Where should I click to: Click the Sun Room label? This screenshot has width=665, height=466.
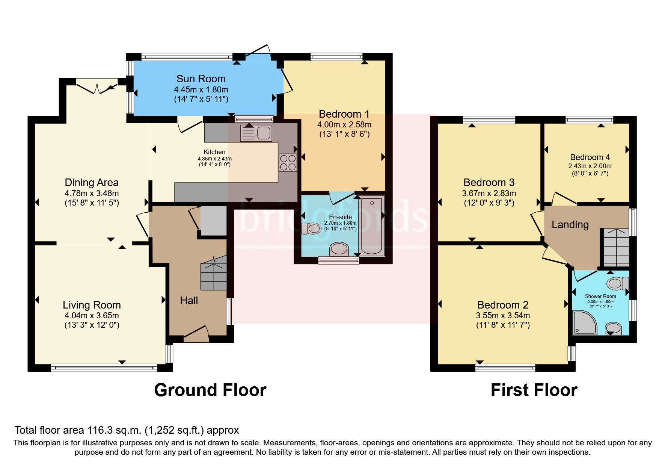point(201,79)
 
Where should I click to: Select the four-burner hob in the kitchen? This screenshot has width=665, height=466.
point(288,163)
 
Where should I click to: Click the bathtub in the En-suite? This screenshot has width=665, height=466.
point(372,225)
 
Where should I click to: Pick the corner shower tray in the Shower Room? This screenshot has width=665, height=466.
point(585,322)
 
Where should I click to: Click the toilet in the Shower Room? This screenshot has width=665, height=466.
point(618,283)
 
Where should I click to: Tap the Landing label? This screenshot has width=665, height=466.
point(570,225)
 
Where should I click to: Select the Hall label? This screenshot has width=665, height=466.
point(189,300)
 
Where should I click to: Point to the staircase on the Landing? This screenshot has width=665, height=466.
point(616,247)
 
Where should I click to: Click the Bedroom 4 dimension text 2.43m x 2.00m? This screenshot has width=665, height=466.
point(590,166)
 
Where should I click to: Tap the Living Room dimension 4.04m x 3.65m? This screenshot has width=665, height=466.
point(92,316)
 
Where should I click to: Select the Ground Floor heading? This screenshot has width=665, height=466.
point(210,390)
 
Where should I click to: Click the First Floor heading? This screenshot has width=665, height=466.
point(534,390)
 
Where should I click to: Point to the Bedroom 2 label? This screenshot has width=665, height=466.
point(503,305)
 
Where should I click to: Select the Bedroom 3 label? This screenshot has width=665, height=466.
point(489,183)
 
